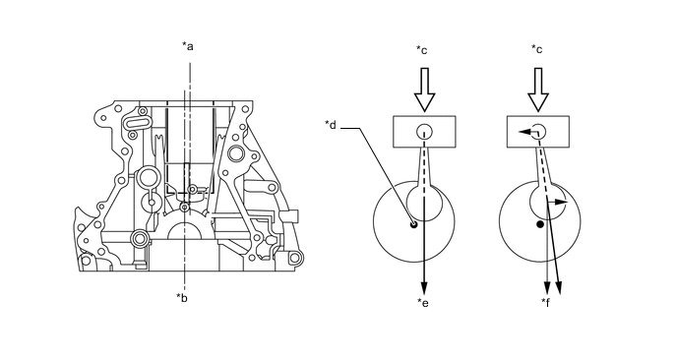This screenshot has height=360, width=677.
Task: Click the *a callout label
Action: (x=187, y=46)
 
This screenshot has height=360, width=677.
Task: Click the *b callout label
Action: (x=182, y=297)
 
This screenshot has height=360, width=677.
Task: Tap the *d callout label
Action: (x=331, y=125)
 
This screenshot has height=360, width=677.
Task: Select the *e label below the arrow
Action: (x=423, y=303)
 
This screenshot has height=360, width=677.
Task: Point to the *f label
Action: (x=546, y=303)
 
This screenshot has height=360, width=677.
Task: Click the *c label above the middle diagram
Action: (x=422, y=50)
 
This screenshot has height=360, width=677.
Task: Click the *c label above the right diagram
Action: (x=537, y=49)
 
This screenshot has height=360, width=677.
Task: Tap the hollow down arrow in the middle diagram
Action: (x=424, y=90)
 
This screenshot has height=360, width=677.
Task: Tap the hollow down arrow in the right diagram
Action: (x=538, y=90)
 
